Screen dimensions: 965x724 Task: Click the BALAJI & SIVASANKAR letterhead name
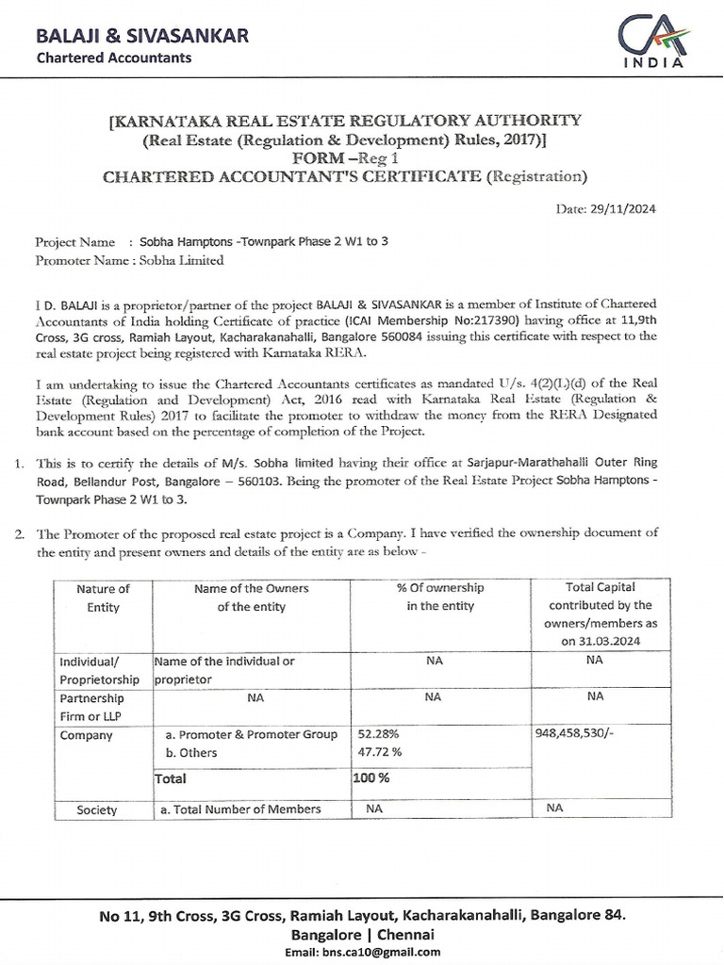[142, 36]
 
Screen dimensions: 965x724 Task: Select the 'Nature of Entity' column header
[103, 597]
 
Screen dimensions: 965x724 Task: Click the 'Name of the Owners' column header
[252, 597]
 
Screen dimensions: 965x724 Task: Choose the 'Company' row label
[86, 735]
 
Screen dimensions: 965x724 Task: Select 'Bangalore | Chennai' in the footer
[362, 934]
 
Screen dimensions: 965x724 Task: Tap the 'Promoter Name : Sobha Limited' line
[129, 260]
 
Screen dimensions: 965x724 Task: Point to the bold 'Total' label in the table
[171, 778]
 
